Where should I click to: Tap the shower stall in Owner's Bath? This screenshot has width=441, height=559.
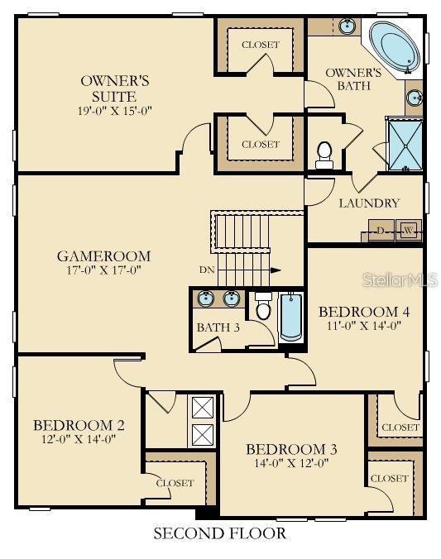[x=404, y=145]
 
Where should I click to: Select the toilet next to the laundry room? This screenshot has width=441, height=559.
[x=324, y=154]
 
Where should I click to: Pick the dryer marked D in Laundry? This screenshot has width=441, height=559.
[x=381, y=231]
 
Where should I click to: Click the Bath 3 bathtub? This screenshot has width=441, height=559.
[x=290, y=318]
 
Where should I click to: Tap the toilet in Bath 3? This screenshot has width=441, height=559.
[x=263, y=308]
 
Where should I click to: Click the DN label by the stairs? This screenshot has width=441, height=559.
[x=208, y=270]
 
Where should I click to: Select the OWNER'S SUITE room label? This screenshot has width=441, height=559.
[x=114, y=89]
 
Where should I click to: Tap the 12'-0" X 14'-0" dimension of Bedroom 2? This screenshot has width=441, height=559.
[x=79, y=440]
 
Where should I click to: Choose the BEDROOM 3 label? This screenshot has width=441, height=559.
[x=291, y=449]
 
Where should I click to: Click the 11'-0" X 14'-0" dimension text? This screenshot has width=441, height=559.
[x=364, y=325]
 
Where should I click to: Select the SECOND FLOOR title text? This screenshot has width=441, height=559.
[x=219, y=533]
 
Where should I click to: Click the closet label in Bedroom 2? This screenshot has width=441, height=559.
[x=175, y=483]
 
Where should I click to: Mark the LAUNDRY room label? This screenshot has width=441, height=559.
[x=369, y=203]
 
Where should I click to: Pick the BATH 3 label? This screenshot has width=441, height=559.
[x=218, y=327]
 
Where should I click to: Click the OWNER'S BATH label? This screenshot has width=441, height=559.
[x=352, y=79]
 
